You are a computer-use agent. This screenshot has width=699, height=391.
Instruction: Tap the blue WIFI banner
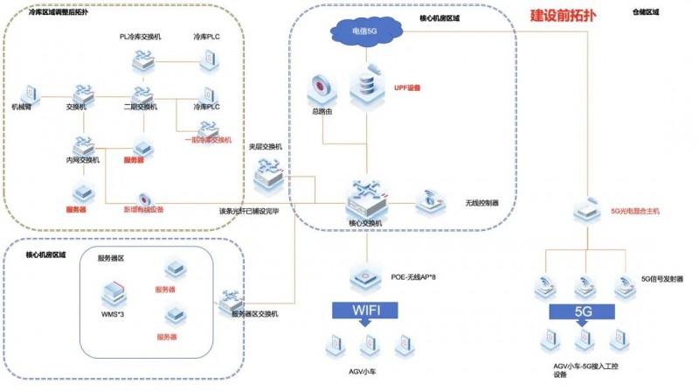[365, 310]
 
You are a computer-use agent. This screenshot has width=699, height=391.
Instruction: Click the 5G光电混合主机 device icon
[585, 211]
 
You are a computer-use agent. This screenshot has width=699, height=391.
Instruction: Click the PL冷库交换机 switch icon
[142, 60]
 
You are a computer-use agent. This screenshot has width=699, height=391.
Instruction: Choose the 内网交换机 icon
[83, 143]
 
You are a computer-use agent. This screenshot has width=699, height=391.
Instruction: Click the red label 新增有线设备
[155, 210]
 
